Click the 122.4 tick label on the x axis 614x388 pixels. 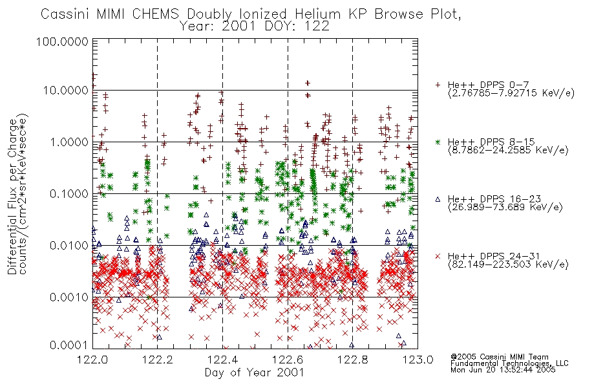[223, 360]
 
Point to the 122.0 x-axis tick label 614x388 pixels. [92, 360]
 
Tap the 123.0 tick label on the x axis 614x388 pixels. [418, 360]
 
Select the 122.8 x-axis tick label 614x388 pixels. [353, 360]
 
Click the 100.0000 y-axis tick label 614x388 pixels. [63, 41]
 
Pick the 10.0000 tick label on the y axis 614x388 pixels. [66, 91]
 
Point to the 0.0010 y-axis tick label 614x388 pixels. [69, 297]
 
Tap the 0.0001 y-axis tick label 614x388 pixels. [69, 345]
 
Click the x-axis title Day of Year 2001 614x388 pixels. [255, 372]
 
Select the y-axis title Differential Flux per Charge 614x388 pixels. [12, 197]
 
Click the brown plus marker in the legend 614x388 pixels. [438, 85]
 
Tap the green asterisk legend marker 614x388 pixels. [438, 142]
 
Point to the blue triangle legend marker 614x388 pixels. [438, 199]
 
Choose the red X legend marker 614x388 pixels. [438, 256]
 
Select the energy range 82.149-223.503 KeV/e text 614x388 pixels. [508, 264]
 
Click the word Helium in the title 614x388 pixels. [318, 14]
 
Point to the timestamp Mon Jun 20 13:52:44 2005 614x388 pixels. [503, 370]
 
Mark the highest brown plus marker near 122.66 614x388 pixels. [308, 83]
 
